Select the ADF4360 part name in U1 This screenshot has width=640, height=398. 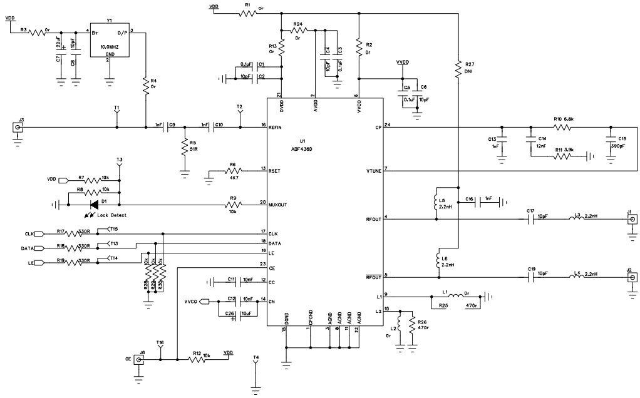coord(302,148)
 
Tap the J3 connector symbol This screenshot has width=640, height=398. coord(21,127)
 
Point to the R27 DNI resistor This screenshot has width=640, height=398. coord(459,67)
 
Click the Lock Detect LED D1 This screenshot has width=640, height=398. coord(95,203)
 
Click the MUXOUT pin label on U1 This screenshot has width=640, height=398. coord(280,203)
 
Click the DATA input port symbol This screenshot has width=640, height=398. coord(38,248)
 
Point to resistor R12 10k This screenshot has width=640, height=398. coord(199,359)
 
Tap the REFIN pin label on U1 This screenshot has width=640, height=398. coord(276,127)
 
